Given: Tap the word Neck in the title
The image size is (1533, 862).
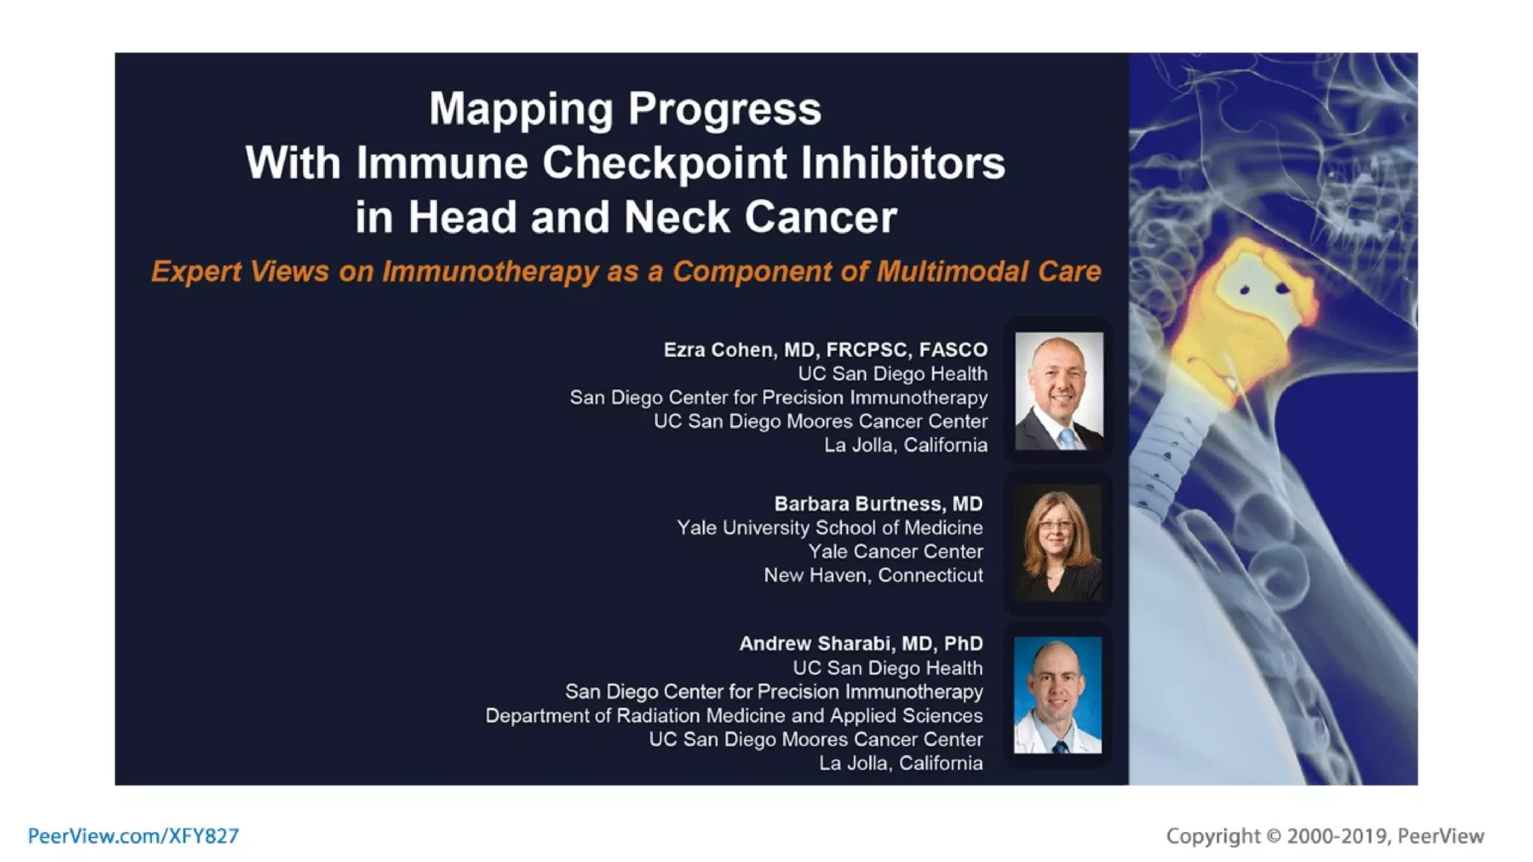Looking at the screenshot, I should click(x=677, y=218).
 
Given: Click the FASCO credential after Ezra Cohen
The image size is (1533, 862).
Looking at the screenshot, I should click(x=953, y=350).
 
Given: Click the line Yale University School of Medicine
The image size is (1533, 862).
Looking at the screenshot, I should click(x=829, y=528).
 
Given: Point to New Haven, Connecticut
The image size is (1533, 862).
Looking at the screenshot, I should click(x=873, y=575).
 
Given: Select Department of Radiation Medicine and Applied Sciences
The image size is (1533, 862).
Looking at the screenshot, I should click(x=734, y=716).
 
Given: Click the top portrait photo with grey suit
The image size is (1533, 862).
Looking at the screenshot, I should click(x=1058, y=391).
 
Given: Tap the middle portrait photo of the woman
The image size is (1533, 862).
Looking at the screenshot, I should click(x=1058, y=544).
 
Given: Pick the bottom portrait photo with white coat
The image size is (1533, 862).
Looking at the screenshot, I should click(x=1058, y=695).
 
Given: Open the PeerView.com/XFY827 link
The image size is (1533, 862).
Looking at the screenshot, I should click(x=133, y=836).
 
